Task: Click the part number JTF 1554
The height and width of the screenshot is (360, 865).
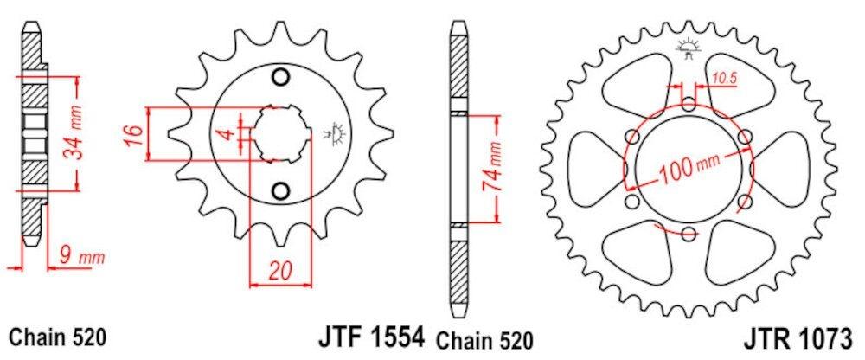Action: coord(372,337)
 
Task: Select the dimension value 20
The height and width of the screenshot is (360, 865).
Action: coord(281,271)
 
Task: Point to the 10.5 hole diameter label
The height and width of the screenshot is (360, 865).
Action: coord(724,80)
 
